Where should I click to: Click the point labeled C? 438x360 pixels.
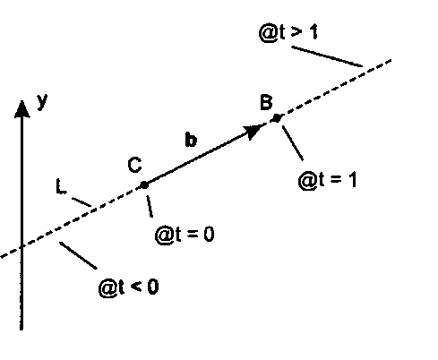tap(144, 185)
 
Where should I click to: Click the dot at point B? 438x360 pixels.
tap(277, 118)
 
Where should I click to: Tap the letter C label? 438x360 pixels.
tap(134, 165)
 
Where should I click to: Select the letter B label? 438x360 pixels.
tap(266, 102)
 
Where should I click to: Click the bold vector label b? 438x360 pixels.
tap(191, 139)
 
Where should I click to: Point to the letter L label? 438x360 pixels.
tap(61, 186)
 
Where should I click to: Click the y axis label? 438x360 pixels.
tap(43, 101)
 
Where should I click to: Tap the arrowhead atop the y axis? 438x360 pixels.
tap(21, 109)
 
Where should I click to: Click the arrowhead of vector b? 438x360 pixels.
tap(253, 131)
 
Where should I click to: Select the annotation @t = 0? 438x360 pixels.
tap(185, 235)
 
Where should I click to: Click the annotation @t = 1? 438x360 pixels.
tap(328, 181)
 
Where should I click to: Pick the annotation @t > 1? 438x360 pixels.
tap(288, 32)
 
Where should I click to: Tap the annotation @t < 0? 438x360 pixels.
tap(128, 287)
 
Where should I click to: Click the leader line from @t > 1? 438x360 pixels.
tap(327, 56)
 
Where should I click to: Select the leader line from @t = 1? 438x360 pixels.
tap(293, 143)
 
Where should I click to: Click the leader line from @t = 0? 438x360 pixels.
tap(150, 206)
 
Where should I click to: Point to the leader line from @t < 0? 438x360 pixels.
tap(78, 255)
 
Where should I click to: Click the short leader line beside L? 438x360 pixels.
tap(82, 201)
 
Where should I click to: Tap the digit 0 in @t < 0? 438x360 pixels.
tap(153, 287)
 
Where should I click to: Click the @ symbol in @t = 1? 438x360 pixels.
tap(307, 181)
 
